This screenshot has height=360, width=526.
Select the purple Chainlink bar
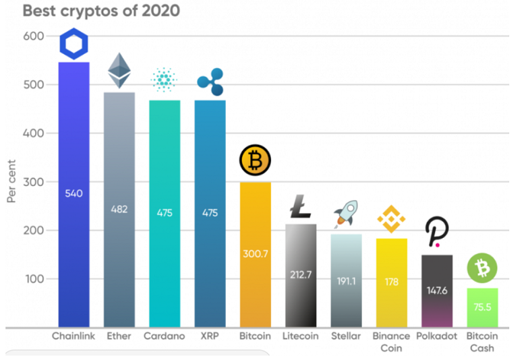click(74, 256)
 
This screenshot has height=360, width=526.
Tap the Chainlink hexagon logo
click(74, 44)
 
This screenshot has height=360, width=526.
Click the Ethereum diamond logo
click(119, 70)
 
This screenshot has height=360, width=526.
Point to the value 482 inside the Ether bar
click(119, 209)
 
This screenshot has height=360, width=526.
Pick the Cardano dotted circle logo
click(165, 82)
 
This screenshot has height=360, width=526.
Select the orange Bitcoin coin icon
click(256, 160)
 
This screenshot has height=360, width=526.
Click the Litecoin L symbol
click(301, 206)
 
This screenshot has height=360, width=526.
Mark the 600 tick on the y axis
click(32, 36)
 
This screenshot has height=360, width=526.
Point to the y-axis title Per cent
click(11, 183)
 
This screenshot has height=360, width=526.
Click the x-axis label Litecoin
click(301, 336)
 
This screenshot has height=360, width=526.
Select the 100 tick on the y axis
click(32, 278)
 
